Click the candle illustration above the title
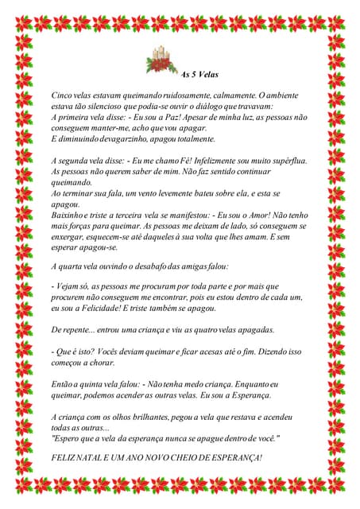[x=163, y=61]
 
